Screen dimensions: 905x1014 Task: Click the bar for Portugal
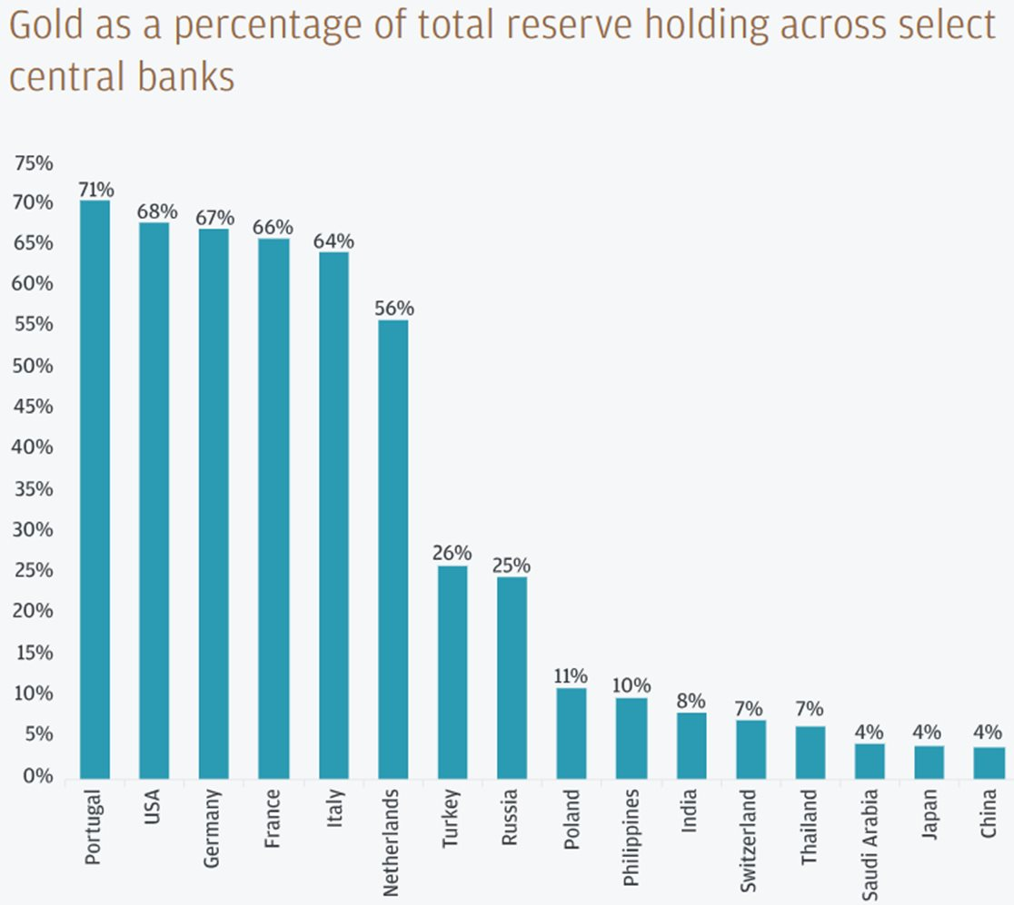[x=94, y=490]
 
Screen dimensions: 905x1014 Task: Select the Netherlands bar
[x=393, y=549]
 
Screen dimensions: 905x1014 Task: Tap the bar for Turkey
[x=452, y=672]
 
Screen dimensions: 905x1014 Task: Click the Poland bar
[x=572, y=733]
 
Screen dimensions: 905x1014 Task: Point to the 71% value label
[x=95, y=190]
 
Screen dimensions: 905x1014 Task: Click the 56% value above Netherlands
[x=393, y=309]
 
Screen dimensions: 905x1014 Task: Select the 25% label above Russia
[x=512, y=566]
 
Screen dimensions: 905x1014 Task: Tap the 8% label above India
[x=691, y=701]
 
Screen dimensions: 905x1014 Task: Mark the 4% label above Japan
[x=929, y=733]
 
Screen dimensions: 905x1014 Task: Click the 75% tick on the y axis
[x=34, y=164]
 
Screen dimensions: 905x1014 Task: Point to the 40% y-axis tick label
[x=34, y=448]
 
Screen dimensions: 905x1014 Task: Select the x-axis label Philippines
[x=631, y=830]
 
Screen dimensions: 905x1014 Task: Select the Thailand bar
[x=810, y=753]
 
